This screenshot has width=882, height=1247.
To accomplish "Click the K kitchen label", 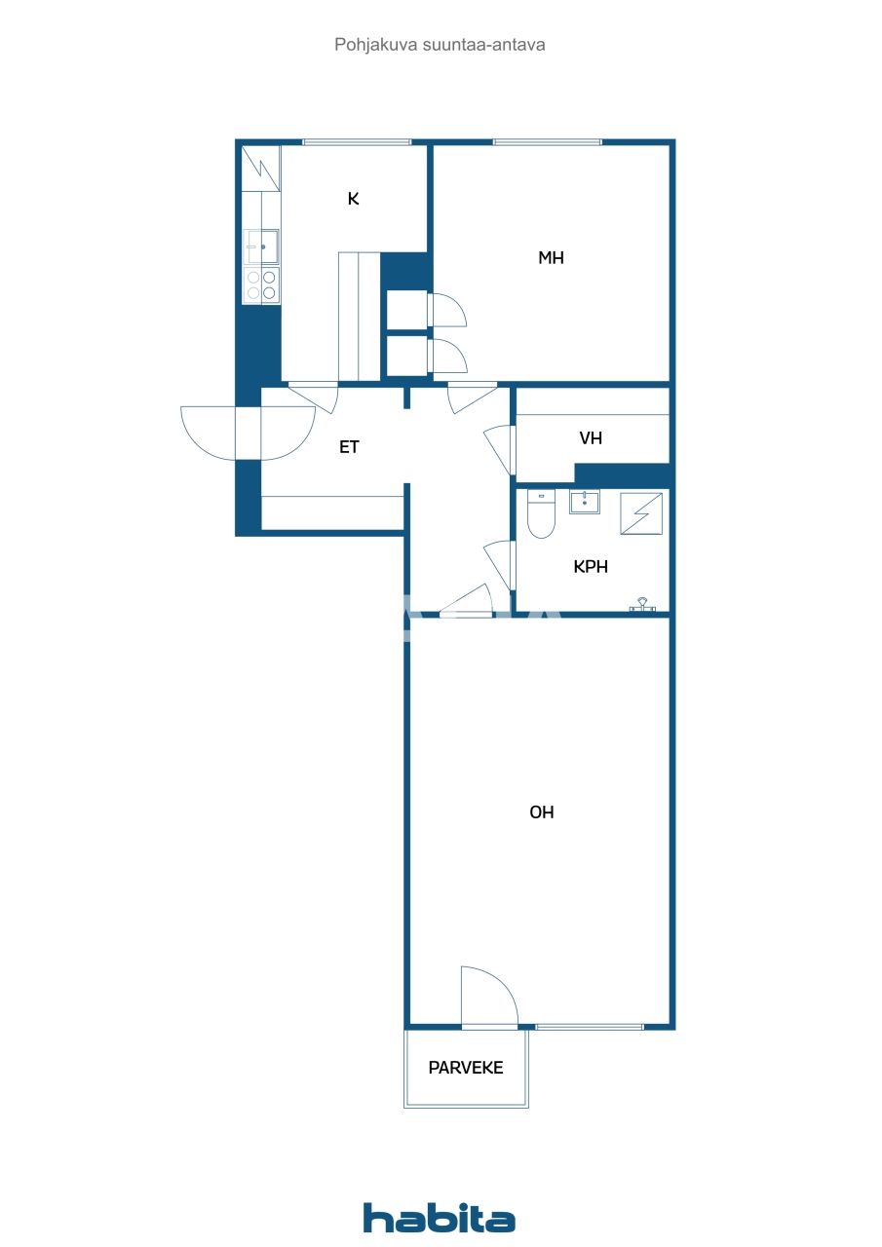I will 354,199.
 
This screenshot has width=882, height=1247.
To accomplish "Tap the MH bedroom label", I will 552,258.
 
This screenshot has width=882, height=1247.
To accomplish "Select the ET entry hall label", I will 349,447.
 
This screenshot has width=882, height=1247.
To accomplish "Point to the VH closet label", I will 591,438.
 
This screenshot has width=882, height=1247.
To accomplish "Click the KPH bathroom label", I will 591,566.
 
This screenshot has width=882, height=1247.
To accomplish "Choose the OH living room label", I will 542,812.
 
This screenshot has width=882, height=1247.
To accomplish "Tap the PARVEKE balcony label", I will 466,1068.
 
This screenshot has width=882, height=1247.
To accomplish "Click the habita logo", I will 440,1218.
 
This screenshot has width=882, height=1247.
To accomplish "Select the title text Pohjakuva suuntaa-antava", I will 440,44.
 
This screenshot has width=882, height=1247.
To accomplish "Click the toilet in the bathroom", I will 541,514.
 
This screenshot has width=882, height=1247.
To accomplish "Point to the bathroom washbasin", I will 585,503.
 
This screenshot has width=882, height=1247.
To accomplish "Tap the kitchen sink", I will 262,246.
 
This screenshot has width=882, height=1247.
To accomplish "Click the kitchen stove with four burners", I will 261,284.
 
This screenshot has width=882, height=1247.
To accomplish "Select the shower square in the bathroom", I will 641,513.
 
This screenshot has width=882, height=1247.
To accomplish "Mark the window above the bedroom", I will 547,142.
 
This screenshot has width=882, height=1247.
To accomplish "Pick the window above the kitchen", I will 357,142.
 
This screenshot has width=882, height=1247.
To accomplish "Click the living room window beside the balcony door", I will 590,1027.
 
